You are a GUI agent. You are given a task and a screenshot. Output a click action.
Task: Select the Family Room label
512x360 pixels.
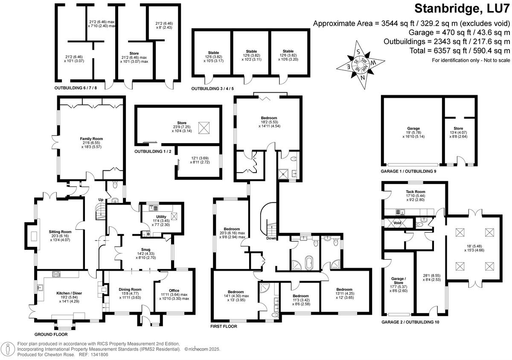coord(91,139)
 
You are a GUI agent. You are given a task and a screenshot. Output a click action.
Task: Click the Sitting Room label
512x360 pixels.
coord(60,231)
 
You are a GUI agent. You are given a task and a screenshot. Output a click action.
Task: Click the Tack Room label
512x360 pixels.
coord(414,191)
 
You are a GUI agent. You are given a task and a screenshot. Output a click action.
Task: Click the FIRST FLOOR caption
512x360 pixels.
coord(224,326)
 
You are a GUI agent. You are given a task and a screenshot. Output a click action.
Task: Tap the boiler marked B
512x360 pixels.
coord(148,234)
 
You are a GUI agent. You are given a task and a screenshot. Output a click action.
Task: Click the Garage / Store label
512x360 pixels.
coord(399,277)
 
